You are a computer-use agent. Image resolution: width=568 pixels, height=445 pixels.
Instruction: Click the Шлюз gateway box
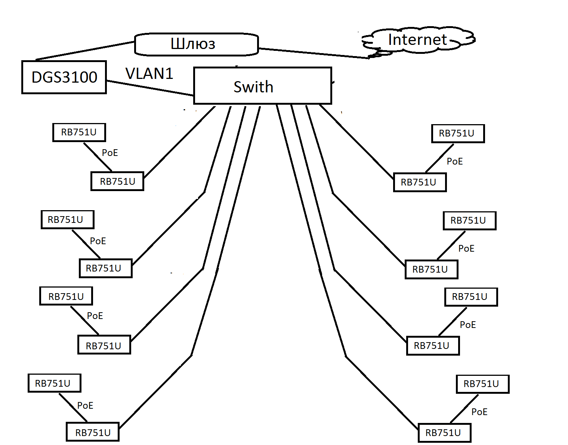click(196, 44)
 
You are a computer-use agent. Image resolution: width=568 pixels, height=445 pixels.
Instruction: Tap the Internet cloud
click(417, 40)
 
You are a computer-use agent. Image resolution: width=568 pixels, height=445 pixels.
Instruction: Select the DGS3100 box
click(64, 77)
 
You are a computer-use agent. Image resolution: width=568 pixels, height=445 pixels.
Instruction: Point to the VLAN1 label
click(149, 74)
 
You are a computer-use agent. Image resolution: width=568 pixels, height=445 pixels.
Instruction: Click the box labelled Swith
click(262, 86)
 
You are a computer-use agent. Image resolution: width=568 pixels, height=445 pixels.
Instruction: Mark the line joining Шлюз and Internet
click(314, 53)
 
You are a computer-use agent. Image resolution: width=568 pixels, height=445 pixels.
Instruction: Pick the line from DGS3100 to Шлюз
click(85, 50)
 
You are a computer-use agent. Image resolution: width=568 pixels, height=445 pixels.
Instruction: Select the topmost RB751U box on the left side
click(79, 132)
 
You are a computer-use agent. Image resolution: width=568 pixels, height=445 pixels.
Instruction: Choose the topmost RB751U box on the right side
click(458, 134)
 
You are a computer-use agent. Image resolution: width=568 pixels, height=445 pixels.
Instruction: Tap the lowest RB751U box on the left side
click(93, 432)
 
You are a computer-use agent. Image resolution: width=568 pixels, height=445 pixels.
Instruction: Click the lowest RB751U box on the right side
click(444, 433)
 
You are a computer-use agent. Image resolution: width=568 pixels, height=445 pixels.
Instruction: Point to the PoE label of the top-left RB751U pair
click(110, 153)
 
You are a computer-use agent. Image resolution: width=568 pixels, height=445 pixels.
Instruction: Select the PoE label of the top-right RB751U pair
click(455, 161)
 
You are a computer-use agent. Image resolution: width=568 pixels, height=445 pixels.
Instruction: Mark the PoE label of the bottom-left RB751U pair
click(85, 405)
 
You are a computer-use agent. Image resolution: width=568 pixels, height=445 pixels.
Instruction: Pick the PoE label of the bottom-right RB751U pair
click(479, 412)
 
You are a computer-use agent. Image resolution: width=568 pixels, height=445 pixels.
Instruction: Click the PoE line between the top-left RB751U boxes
click(97, 156)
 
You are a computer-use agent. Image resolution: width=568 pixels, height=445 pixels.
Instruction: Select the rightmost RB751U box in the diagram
click(482, 384)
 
